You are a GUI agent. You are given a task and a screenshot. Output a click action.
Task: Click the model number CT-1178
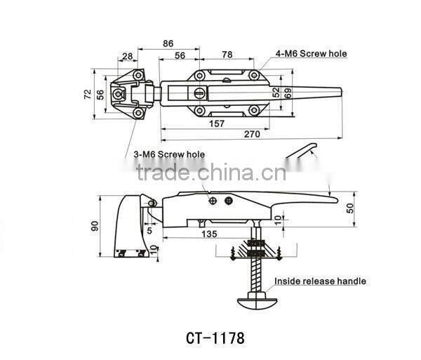[x=215, y=338]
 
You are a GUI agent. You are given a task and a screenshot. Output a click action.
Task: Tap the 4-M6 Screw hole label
[x=311, y=53]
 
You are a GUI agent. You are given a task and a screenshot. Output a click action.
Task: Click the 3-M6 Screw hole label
[x=171, y=153]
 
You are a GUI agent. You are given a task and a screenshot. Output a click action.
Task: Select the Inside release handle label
[x=320, y=281]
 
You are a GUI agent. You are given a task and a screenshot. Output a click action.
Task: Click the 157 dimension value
[x=218, y=123]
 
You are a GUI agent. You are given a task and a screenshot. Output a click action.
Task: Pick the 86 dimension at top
[x=168, y=43]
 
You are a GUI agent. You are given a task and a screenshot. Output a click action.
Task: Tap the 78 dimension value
[x=227, y=54]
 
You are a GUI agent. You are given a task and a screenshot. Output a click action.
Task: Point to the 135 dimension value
[x=208, y=234]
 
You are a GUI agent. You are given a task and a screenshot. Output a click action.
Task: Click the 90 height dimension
[x=95, y=225]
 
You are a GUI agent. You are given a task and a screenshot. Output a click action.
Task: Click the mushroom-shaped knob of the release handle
[x=255, y=301]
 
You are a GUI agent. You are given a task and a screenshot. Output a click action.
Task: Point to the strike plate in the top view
[x=131, y=93]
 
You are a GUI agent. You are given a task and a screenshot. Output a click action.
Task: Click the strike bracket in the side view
[x=131, y=226]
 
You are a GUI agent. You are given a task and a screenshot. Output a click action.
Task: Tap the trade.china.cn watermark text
[x=210, y=172]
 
